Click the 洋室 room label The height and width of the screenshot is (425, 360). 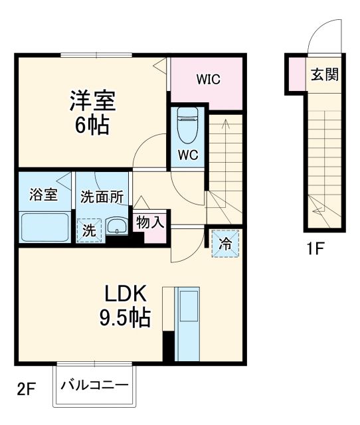click(x=94, y=102)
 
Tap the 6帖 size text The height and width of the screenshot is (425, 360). click(x=94, y=126)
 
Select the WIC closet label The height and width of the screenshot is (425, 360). click(x=208, y=79)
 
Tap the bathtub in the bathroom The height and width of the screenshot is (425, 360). click(x=45, y=227)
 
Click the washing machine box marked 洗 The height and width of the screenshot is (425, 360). click(x=88, y=230)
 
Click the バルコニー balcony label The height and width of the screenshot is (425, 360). click(x=95, y=386)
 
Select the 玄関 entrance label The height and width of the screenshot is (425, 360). click(x=323, y=74)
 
